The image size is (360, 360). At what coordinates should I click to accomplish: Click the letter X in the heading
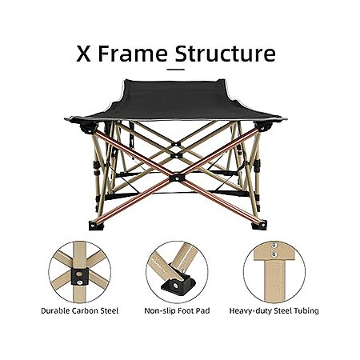[83, 54]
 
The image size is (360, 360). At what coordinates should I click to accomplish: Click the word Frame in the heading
[133, 54]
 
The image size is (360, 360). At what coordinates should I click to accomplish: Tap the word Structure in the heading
[226, 54]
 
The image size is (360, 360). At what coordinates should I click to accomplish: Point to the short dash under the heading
[176, 70]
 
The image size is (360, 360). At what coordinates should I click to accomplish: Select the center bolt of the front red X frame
[177, 177]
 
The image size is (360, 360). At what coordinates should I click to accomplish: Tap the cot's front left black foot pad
[96, 226]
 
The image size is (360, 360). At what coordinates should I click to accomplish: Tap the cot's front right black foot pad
[259, 225]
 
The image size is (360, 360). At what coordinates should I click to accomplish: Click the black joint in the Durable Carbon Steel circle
[79, 277]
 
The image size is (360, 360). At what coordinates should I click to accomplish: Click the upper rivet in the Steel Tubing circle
[273, 246]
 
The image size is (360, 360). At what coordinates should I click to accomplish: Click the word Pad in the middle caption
[203, 311]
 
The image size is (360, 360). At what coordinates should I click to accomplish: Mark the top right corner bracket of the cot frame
[262, 126]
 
